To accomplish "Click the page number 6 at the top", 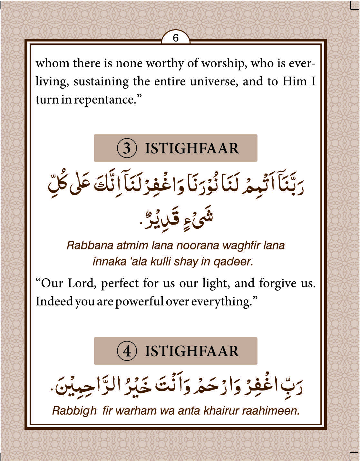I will [x=176, y=38].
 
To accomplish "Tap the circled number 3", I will [x=127, y=148].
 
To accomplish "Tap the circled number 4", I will [x=127, y=351].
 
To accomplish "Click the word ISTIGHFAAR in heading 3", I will [x=192, y=148].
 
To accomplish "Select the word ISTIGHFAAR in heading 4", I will [x=192, y=351].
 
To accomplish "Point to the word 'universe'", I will [x=214, y=82].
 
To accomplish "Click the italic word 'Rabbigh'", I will [x=74, y=410].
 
